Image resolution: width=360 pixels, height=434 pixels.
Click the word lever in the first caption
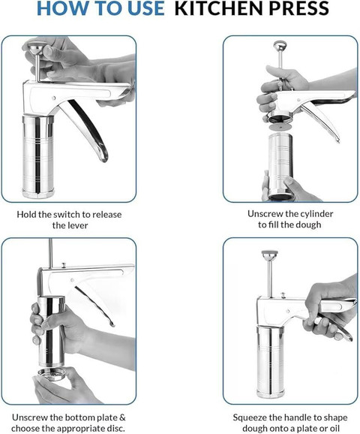(x=79, y=225)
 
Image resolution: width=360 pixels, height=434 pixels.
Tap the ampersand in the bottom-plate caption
(x=123, y=417)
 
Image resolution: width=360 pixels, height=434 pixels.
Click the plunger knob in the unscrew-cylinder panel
(x=280, y=45)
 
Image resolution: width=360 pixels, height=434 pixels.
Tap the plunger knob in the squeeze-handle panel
(x=270, y=255)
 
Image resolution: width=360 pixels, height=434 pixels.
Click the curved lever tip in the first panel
(x=104, y=157)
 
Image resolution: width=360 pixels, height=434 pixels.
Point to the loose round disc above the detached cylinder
(x=280, y=127)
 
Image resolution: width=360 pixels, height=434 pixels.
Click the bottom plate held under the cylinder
(x=52, y=375)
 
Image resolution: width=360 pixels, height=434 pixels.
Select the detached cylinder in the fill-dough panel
(x=280, y=166)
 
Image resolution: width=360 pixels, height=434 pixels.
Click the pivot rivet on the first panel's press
(x=54, y=98)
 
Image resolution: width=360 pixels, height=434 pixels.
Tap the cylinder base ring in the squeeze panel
(x=271, y=393)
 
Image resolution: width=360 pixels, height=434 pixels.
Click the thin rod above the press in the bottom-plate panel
(x=50, y=253)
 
